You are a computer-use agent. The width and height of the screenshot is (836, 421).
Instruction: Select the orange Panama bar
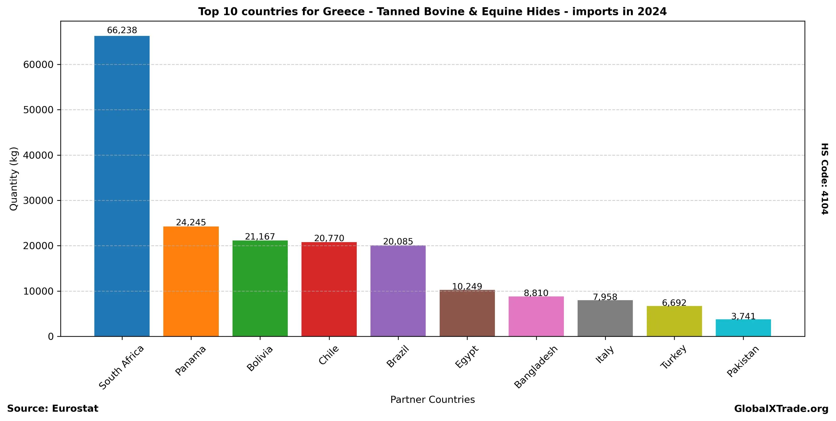pos(191,281)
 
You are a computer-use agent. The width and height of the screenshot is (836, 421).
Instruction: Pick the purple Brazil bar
pos(398,291)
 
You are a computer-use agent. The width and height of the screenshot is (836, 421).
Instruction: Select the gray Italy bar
pos(605,318)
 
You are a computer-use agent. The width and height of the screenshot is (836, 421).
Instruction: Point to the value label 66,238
pos(122,30)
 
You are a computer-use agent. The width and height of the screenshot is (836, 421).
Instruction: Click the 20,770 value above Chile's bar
pos(329,238)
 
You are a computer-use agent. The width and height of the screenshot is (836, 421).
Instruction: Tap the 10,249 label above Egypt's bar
pos(467,286)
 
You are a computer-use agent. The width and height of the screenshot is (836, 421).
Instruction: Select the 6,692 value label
pos(674,303)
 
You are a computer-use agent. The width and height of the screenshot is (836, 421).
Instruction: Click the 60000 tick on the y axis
pos(38,65)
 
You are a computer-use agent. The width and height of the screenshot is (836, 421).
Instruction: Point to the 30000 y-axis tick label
pos(38,201)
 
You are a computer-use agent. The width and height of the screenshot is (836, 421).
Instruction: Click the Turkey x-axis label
pos(673,357)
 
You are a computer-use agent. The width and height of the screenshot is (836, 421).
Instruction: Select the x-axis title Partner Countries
pos(432,399)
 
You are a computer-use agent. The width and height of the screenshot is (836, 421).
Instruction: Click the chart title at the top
pos(432,12)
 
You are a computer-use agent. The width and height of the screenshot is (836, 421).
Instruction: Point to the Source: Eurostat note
pos(53,409)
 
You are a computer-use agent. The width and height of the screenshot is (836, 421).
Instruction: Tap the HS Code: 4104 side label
pos(825,179)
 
